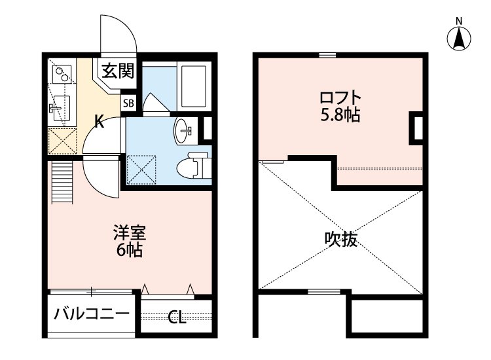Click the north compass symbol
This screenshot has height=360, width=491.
460,37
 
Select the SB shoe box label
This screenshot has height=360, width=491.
128,103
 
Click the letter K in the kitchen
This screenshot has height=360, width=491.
99,120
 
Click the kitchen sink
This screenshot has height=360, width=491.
62,105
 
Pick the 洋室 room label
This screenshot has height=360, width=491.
129,233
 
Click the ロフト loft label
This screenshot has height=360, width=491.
340,99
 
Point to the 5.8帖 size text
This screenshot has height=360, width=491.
340,116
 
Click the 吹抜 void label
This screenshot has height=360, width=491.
341,240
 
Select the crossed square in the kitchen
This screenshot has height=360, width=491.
62,139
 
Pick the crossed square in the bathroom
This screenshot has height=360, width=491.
143,168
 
